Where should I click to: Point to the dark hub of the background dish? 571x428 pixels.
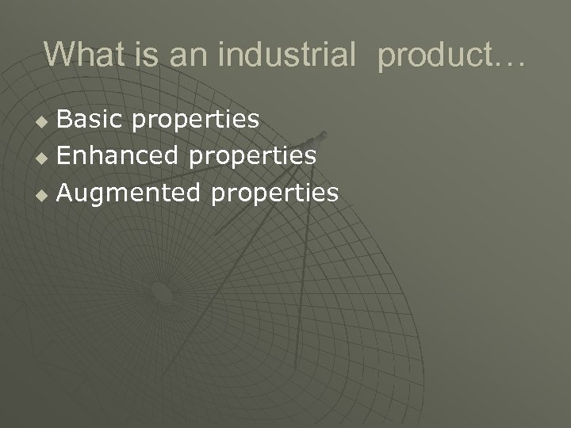pos(161,294)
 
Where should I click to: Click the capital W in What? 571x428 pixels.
pos(58,54)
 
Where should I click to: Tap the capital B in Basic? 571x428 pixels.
pos(65,119)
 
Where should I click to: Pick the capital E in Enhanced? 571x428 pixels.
pos(65,155)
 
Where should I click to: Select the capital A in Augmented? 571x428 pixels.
pos(66,192)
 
